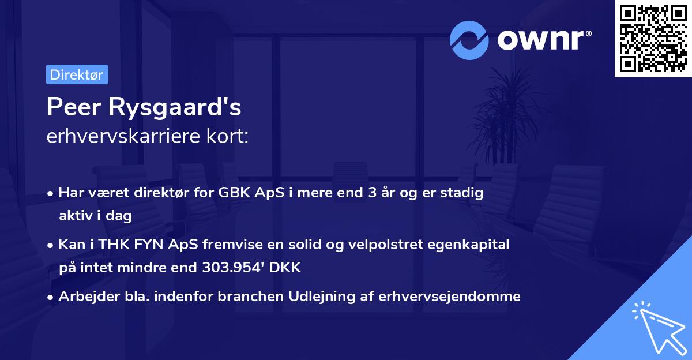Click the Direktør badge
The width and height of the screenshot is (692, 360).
pos(77,74)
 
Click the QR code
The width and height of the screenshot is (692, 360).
pos(653,38)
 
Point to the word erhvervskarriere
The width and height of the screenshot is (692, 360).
pos(118,136)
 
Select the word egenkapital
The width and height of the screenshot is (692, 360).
pos(473,245)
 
